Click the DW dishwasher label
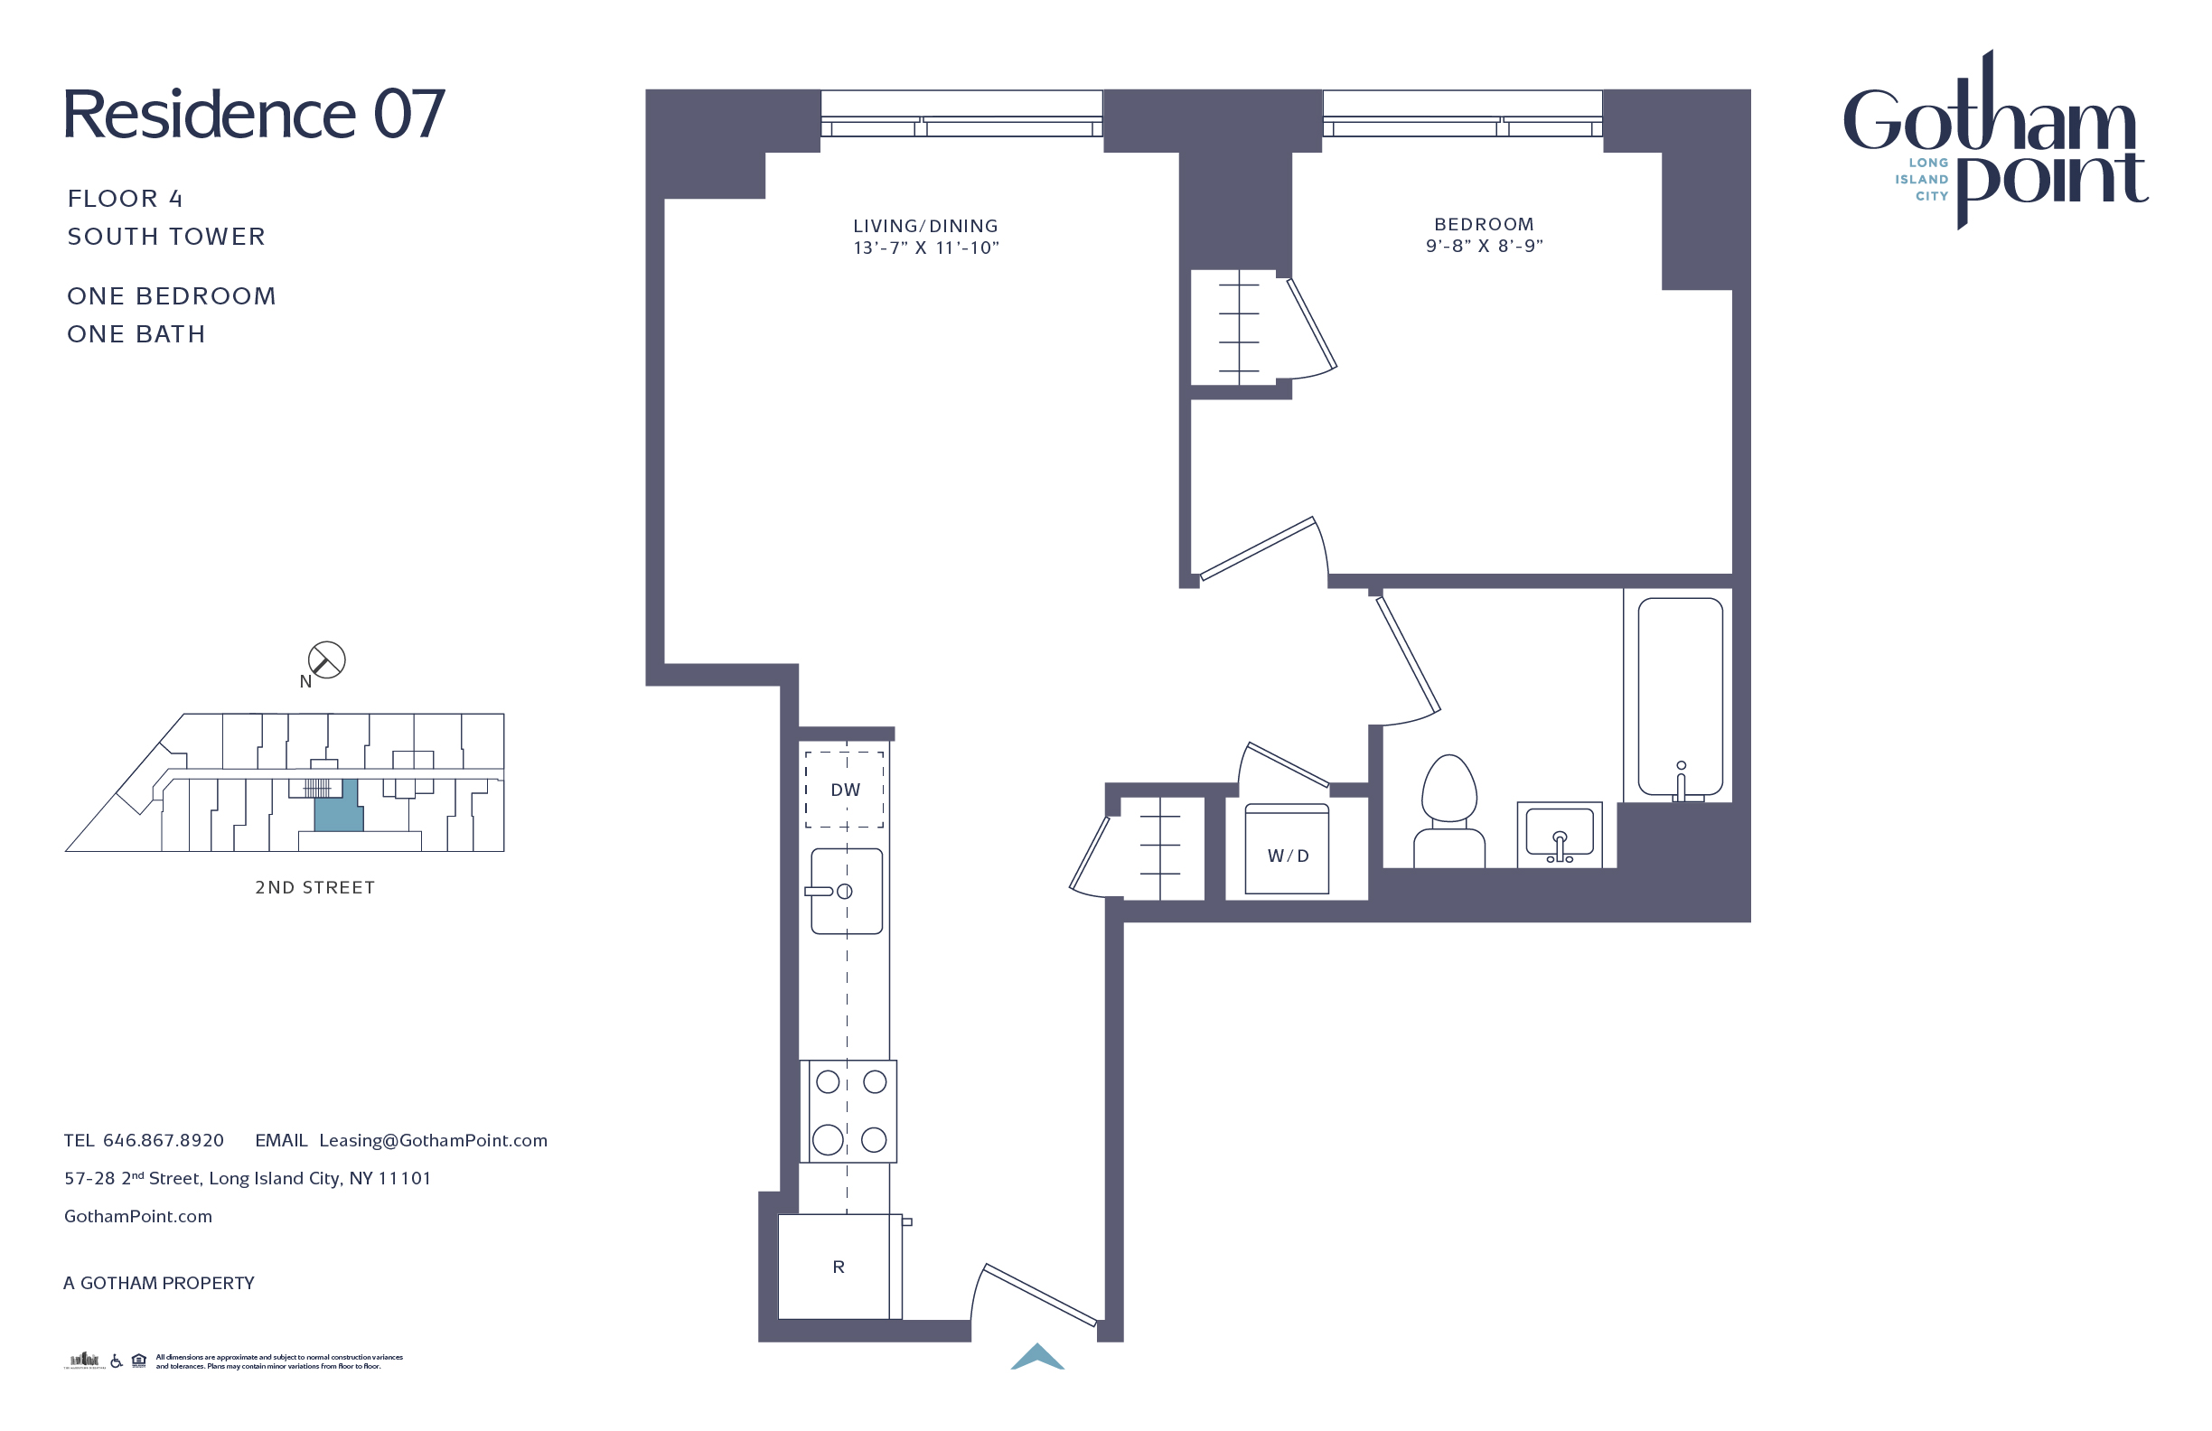point(845,790)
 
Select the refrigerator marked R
point(839,1267)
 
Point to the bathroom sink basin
point(1560,833)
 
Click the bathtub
point(1680,697)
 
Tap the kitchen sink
point(846,891)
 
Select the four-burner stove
point(849,1110)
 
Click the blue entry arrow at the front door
point(1037,1358)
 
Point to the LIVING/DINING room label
point(925,226)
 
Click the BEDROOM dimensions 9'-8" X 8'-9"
point(1485,247)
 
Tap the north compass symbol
point(326,659)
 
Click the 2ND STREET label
point(315,887)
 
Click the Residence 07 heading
point(254,115)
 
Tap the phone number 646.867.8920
point(164,1140)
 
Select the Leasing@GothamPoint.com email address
point(433,1140)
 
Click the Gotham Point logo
point(1994,139)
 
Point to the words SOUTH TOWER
point(166,237)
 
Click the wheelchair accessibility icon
point(117,1361)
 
